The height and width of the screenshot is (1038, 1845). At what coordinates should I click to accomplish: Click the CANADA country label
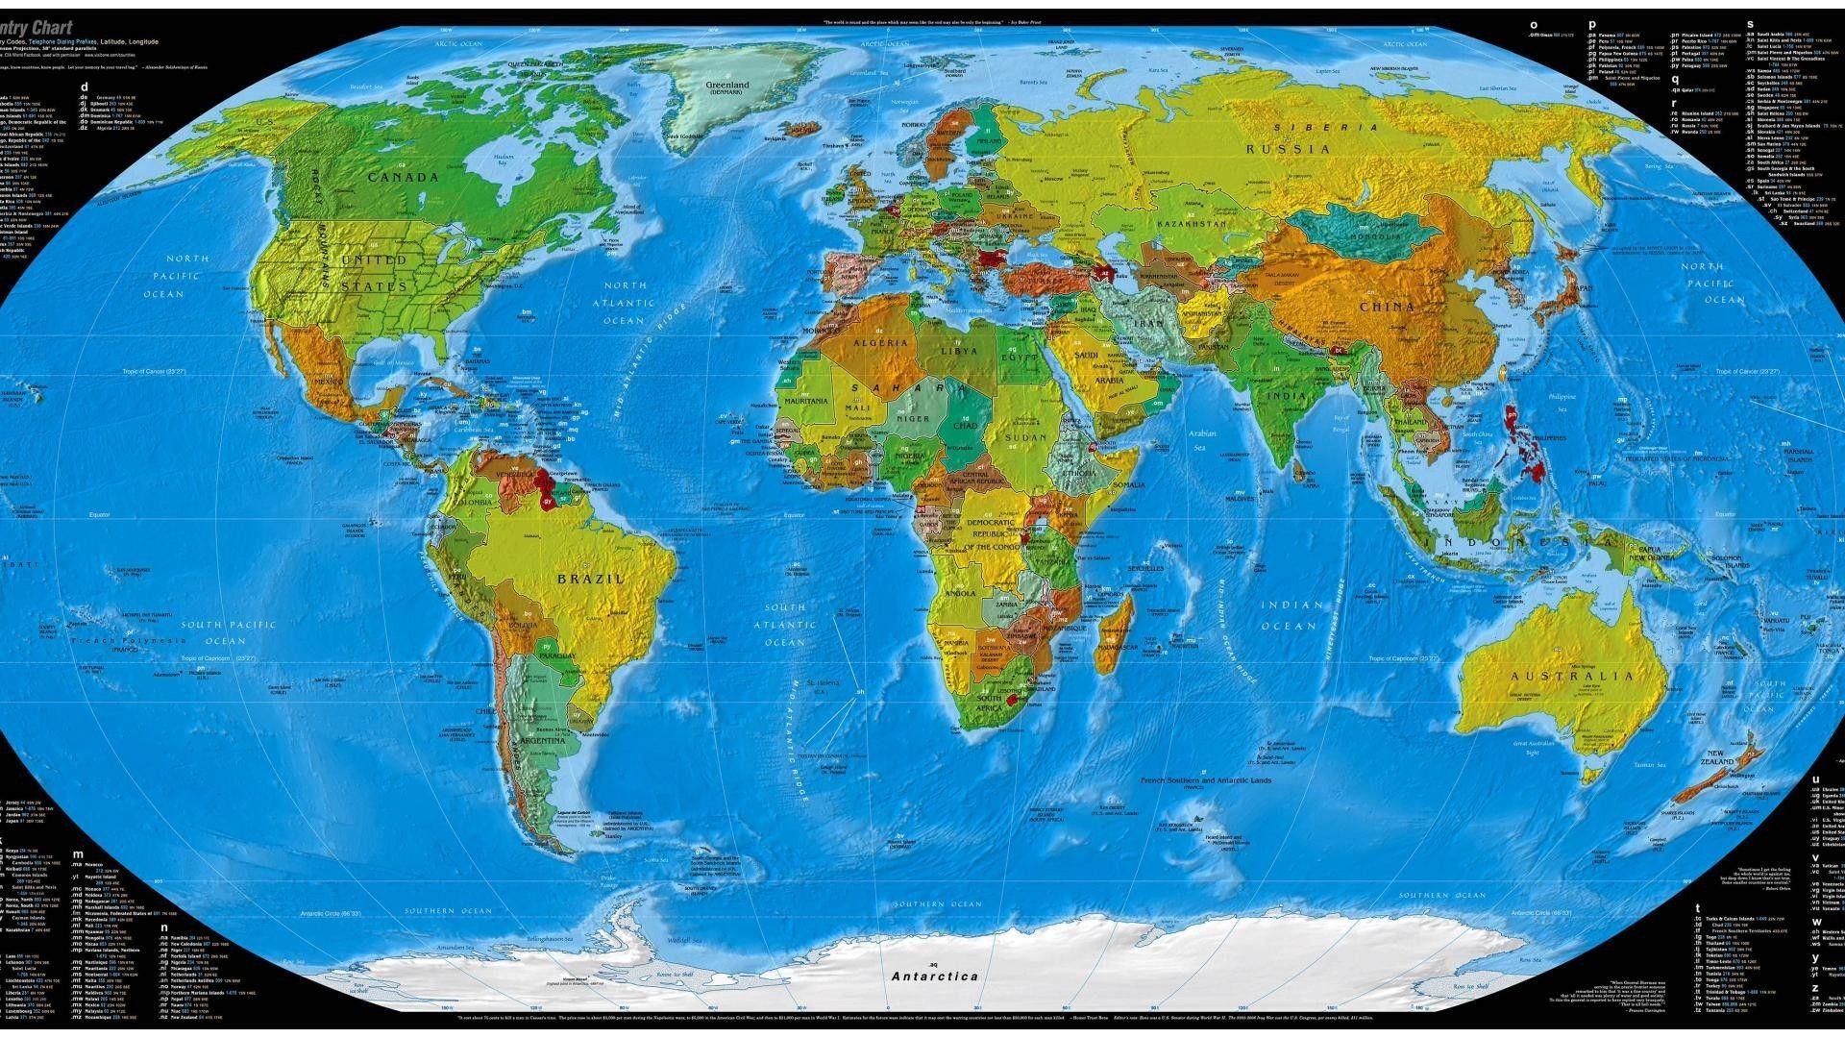pyautogui.click(x=404, y=177)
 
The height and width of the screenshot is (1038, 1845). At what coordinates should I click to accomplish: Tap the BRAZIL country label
pyautogui.click(x=591, y=579)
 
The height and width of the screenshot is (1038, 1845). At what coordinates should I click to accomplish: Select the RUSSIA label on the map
pyautogui.click(x=1289, y=149)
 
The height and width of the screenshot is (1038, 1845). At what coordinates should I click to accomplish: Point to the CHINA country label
pyautogui.click(x=1387, y=308)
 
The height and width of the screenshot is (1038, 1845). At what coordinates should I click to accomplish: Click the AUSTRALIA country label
pyautogui.click(x=1572, y=676)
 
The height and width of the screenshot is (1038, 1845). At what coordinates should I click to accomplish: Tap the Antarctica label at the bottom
pyautogui.click(x=934, y=976)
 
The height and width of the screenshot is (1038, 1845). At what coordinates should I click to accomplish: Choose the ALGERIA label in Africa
pyautogui.click(x=880, y=343)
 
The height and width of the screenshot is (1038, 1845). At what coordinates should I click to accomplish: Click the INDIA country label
pyautogui.click(x=1286, y=396)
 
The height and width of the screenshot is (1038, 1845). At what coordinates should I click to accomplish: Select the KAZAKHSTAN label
pyautogui.click(x=1192, y=224)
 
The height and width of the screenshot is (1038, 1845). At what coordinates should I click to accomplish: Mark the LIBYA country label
pyautogui.click(x=959, y=351)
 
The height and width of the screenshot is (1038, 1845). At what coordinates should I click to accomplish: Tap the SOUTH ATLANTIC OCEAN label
pyautogui.click(x=785, y=625)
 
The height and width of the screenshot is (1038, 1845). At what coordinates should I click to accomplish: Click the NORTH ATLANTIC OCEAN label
pyautogui.click(x=625, y=303)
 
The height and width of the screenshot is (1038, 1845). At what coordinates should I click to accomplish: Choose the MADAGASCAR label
pyautogui.click(x=1118, y=648)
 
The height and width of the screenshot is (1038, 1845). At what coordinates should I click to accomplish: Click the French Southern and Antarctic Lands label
pyautogui.click(x=1205, y=780)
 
